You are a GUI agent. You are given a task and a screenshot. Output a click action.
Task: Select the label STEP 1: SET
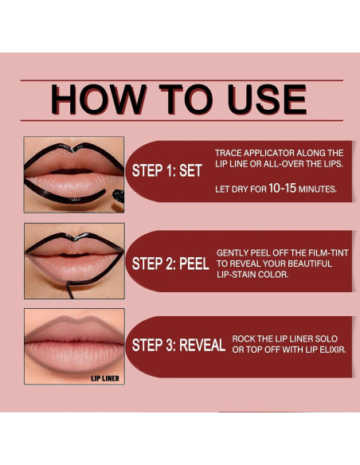click(166, 170)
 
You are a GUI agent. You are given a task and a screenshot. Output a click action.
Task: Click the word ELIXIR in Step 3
click(328, 350)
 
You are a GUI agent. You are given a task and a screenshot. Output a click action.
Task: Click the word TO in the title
click(178, 100)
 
